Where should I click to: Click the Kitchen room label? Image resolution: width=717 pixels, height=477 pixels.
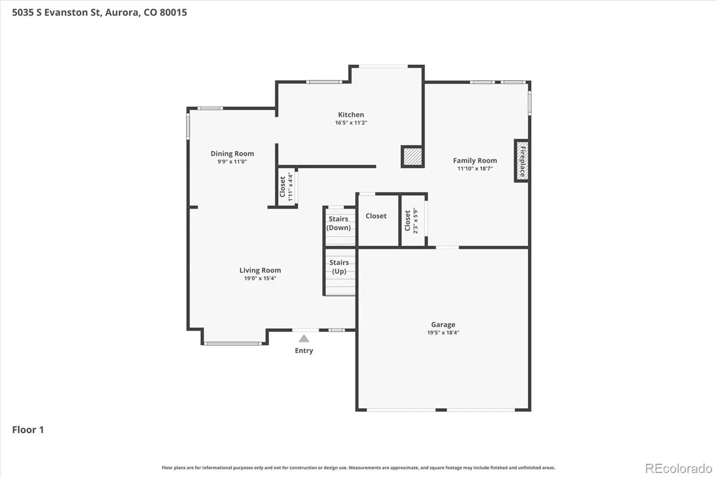coord(351,115)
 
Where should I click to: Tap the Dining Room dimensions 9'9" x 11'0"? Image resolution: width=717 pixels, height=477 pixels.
coord(232,162)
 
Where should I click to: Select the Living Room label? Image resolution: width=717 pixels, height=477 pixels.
coord(260,270)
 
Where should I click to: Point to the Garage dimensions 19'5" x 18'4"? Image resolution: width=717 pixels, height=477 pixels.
coord(443,332)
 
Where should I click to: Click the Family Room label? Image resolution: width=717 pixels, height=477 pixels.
coord(475,161)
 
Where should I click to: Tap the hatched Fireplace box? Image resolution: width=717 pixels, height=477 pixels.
coord(522,161)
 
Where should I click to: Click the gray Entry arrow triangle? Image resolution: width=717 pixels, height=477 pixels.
coord(304,339)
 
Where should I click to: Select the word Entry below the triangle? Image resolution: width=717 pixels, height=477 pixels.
coord(304,350)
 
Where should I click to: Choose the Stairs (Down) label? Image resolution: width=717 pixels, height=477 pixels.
coord(338,223)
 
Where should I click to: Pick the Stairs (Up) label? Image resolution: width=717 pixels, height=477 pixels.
coord(339,267)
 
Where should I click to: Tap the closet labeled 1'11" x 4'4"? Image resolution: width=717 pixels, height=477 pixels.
coord(286,187)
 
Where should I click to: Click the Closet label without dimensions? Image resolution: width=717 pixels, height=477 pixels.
coord(376,216)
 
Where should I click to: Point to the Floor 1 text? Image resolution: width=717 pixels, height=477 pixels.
coord(28,430)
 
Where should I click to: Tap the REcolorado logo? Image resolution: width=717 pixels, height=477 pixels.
coord(678,468)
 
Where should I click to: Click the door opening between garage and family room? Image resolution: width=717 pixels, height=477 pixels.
coord(447,247)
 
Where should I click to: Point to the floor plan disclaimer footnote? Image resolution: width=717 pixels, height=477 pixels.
coord(358,468)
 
